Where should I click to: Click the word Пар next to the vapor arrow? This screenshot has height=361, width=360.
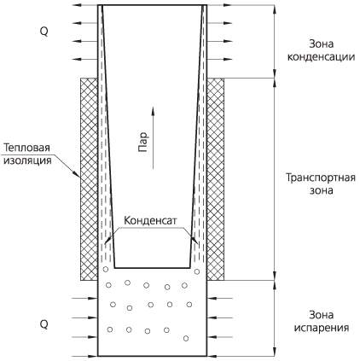tap(143, 142)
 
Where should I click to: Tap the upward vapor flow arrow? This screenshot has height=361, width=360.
tap(153, 138)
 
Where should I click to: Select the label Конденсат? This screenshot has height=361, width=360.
tap(150, 220)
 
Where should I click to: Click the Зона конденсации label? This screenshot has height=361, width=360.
tap(321, 50)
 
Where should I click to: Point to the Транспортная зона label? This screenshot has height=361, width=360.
tap(321, 183)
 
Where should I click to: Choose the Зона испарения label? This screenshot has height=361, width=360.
tap(322, 321)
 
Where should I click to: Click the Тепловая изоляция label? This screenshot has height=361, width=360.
tap(27, 154)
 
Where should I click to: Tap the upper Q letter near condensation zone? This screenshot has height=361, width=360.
tap(44, 32)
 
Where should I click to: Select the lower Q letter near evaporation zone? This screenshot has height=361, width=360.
tap(44, 323)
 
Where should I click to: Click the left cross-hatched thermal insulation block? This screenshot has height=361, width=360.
tap(89, 179)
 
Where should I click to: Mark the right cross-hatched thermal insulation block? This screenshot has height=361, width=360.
tap(215, 179)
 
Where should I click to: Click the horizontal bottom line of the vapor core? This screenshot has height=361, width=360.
tap(152, 268)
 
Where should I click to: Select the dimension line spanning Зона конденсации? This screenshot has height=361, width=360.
tap(275, 41)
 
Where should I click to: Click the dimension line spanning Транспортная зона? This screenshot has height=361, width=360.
tap(275, 179)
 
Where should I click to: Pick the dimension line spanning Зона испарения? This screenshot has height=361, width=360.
tap(275, 318)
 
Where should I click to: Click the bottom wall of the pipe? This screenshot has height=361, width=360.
tap(152, 356)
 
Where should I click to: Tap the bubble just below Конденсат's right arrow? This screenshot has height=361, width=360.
tap(197, 271)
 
